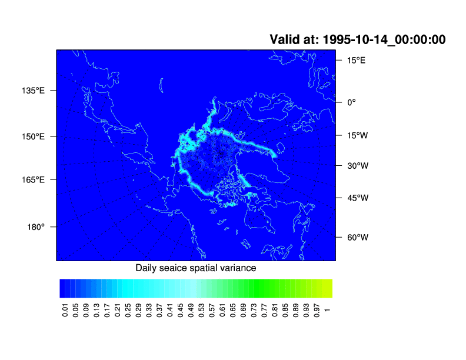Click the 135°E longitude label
tap(33, 91)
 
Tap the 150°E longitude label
tap(33, 136)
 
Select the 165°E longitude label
tap(33, 179)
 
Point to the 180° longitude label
tap(36, 227)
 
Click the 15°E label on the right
tap(357, 61)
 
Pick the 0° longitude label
tap(352, 102)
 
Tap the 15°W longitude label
tap(358, 135)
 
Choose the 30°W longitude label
tap(358, 166)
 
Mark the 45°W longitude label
tap(358, 198)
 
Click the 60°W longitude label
tap(358, 237)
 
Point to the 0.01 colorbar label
tap(65, 310)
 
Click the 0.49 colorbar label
tap(191, 310)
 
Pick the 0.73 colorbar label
tap(254, 310)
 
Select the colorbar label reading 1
tap(327, 310)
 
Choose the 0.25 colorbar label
tap(128, 310)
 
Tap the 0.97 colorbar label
tap(317, 310)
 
